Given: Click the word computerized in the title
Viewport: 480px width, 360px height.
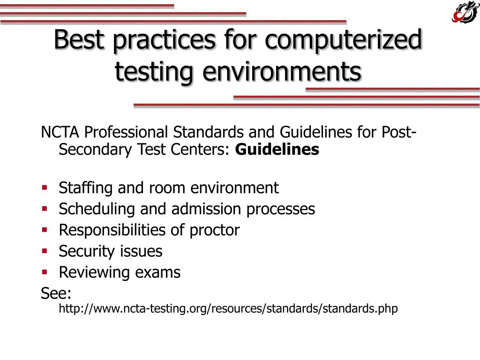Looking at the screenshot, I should pos(343,40).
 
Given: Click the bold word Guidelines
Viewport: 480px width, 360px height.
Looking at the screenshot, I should pos(277,150).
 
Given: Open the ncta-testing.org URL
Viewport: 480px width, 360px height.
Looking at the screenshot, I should pos(228,309).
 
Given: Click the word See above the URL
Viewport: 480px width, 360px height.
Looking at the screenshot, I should pos(56,293).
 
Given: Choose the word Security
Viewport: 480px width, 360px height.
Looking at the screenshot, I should pos(87,251).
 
